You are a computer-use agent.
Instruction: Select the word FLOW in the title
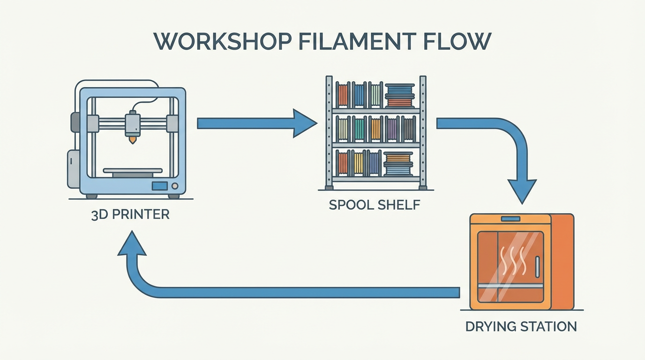457,42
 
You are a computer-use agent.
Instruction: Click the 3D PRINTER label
131,215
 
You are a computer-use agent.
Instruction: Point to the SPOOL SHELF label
375,205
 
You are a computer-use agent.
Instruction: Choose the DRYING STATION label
521,326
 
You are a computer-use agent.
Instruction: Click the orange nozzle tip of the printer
132,139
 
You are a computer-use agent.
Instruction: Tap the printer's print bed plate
133,171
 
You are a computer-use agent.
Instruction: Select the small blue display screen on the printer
159,186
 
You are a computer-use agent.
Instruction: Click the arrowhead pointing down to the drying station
523,191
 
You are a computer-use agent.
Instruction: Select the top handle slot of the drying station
510,219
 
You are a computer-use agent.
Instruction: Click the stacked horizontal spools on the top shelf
400,95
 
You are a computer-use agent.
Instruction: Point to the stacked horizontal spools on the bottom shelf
398,164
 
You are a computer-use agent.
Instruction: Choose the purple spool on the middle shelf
392,129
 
